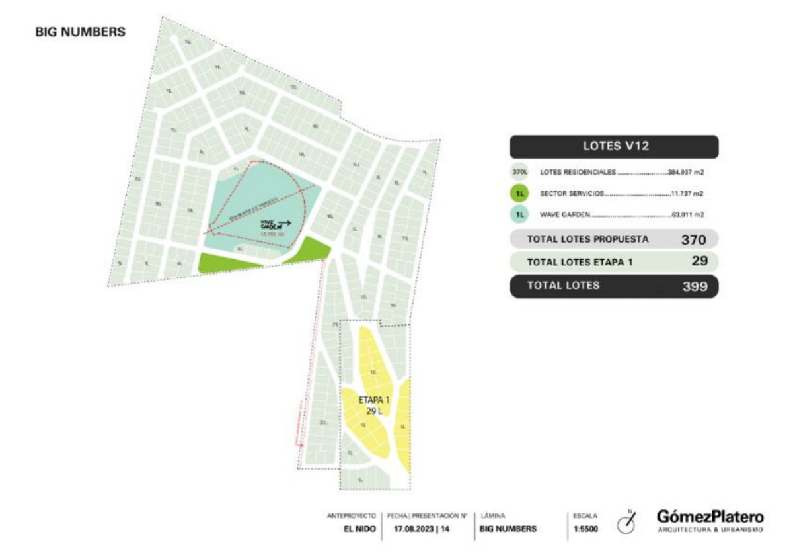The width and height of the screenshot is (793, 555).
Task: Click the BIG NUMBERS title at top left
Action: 80,32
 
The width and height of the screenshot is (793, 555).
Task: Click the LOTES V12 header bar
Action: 613,147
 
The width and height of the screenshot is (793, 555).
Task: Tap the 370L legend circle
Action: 520,173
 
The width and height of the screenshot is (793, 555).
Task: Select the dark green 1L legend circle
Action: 520,194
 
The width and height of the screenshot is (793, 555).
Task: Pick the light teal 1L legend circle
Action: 520,215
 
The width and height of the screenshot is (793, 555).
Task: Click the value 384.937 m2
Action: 685,173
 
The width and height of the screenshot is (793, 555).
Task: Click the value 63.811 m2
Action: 687,215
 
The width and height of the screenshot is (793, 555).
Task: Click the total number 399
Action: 695,286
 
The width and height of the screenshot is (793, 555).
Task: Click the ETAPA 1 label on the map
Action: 374,400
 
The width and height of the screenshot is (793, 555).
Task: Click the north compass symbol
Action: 625,523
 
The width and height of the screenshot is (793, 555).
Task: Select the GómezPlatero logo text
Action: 710,517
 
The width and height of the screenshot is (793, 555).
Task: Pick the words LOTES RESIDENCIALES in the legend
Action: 578,173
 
